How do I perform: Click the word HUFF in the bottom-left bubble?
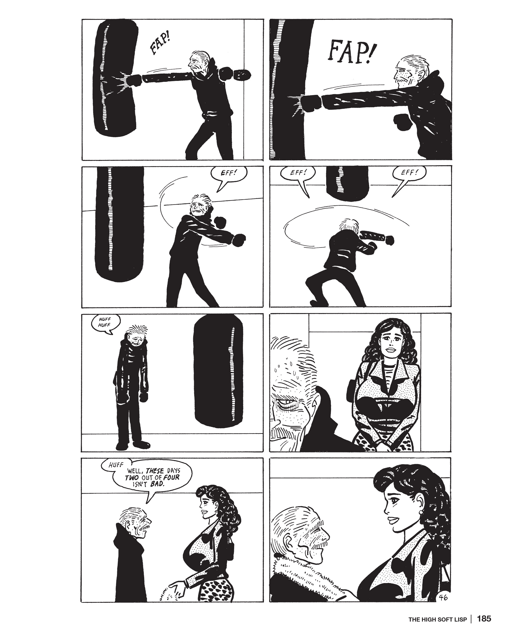116,465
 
